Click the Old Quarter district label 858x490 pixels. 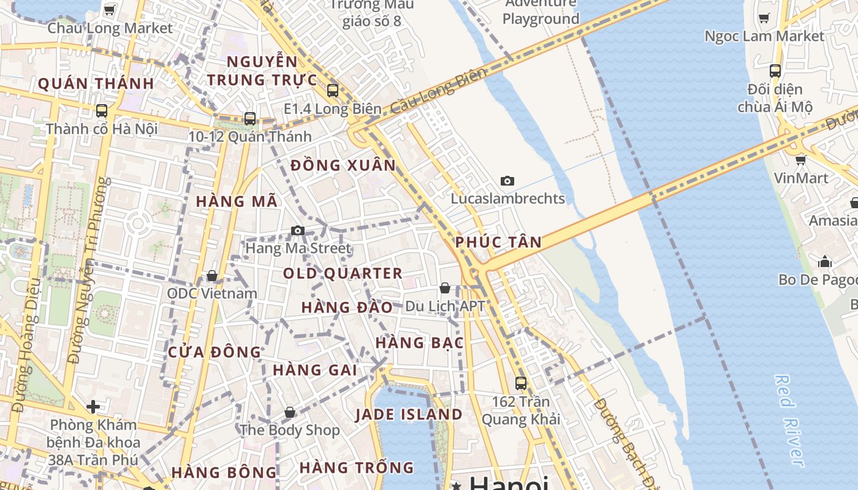click(x=343, y=273)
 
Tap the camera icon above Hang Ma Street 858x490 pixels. click(x=298, y=230)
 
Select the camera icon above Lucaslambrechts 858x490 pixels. click(x=507, y=181)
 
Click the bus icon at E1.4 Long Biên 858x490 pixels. click(x=333, y=91)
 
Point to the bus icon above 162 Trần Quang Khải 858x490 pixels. click(x=520, y=383)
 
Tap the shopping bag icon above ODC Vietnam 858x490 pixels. click(x=211, y=276)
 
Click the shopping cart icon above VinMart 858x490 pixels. click(x=800, y=160)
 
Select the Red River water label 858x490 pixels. click(x=789, y=421)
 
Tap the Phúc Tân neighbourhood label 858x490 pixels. click(x=498, y=242)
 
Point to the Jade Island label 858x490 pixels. click(x=409, y=415)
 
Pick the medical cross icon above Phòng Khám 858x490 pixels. click(x=93, y=406)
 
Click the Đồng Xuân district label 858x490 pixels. click(x=343, y=165)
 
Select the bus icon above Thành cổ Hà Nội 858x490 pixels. click(x=102, y=111)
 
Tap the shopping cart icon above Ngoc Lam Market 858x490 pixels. click(x=764, y=18)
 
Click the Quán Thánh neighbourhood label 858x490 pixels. click(x=96, y=84)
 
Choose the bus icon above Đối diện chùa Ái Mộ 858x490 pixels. click(x=775, y=71)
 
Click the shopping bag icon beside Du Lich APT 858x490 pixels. click(x=445, y=288)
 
